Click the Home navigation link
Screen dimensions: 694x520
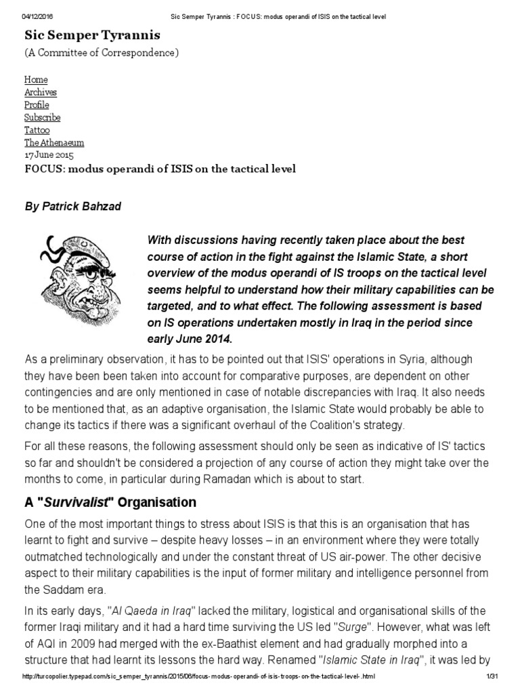tap(36, 79)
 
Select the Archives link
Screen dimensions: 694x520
tap(41, 92)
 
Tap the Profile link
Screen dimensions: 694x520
tap(37, 104)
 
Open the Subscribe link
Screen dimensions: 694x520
tap(42, 117)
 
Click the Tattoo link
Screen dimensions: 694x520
tap(37, 129)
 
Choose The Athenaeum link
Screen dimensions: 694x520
tap(54, 142)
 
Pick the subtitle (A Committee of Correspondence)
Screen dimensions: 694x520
tap(102, 54)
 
